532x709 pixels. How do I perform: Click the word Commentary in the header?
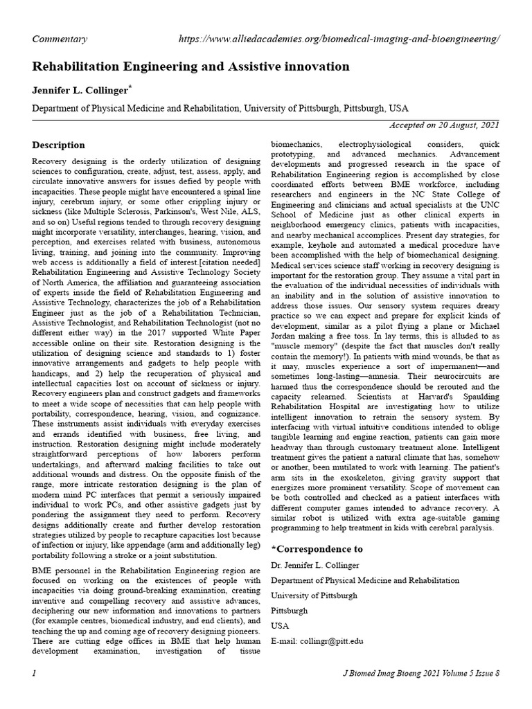pyautogui.click(x=60, y=39)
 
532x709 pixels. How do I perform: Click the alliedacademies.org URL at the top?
pyautogui.click(x=339, y=39)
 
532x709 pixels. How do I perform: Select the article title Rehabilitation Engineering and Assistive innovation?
pyautogui.click(x=191, y=66)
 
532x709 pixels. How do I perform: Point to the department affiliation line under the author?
pyautogui.click(x=220, y=109)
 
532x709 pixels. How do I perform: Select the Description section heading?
pyautogui.click(x=59, y=145)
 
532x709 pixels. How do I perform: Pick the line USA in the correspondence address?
pyautogui.click(x=280, y=626)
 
